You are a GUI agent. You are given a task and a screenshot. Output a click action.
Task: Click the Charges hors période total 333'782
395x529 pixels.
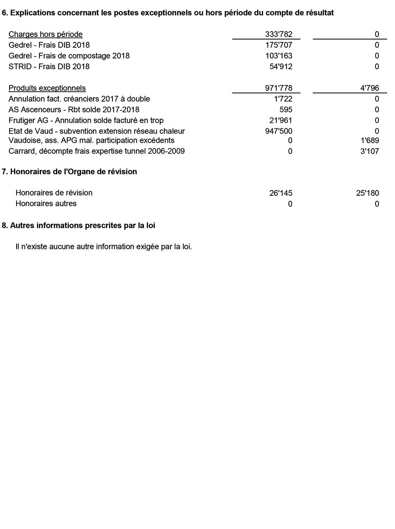click(278, 34)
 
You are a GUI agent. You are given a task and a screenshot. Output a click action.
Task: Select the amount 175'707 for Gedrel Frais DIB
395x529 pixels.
click(278, 45)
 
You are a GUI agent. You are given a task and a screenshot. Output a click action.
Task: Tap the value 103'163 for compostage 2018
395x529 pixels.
click(278, 56)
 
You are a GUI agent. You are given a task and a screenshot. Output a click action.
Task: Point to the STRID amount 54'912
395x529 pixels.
click(280, 67)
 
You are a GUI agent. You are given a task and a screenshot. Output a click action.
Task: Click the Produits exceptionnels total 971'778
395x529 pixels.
click(278, 88)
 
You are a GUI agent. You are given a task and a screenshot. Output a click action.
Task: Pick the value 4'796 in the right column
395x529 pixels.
click(369, 88)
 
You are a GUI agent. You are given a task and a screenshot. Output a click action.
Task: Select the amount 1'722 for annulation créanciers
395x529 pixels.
click(283, 99)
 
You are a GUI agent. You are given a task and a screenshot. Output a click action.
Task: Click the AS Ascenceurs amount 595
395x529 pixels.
click(285, 110)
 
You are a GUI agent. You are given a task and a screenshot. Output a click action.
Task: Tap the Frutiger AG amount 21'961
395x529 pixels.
click(280, 121)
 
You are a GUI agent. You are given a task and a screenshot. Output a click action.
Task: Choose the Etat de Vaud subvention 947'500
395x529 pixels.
click(278, 132)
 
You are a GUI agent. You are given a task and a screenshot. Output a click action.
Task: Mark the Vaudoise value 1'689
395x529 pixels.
click(370, 141)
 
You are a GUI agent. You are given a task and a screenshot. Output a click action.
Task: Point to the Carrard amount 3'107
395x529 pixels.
click(370, 151)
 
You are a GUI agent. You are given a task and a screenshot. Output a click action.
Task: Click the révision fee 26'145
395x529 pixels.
click(280, 193)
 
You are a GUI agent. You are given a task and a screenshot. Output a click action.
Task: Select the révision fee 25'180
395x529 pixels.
click(367, 193)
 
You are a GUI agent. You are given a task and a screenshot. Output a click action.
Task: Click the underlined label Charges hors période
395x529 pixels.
click(46, 34)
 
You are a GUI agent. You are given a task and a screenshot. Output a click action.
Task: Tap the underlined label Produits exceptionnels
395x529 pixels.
click(47, 88)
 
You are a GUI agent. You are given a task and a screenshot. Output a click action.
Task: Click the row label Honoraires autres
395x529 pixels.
click(46, 204)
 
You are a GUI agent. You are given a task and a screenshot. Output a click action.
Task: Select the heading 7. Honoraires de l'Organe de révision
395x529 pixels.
click(69, 172)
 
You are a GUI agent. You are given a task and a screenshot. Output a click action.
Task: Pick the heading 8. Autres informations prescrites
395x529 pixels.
click(78, 226)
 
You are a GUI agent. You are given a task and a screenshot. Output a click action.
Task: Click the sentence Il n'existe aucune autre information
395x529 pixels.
click(104, 247)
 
